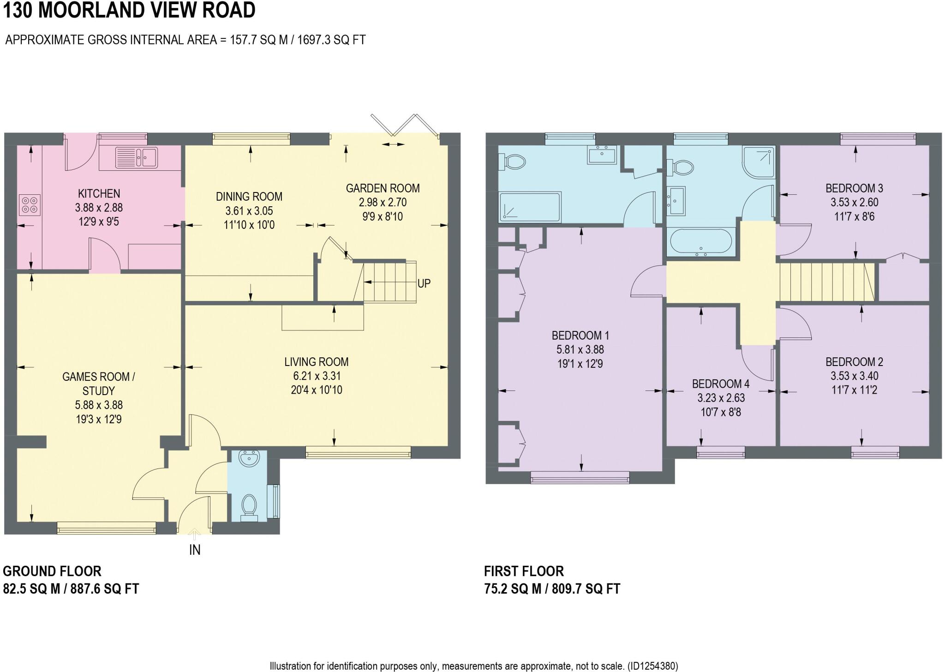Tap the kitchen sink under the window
pyautogui.click(x=137, y=157)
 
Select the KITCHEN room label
pyautogui.click(x=99, y=194)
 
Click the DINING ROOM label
pyautogui.click(x=249, y=197)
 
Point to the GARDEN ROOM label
pyautogui.click(x=383, y=188)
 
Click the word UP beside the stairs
pyautogui.click(x=424, y=283)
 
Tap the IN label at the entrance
pyautogui.click(x=195, y=550)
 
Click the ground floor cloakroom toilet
pyautogui.click(x=250, y=507)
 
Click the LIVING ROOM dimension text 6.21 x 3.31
pyautogui.click(x=316, y=376)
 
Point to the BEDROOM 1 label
pyautogui.click(x=580, y=336)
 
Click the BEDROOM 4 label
pyautogui.click(x=720, y=384)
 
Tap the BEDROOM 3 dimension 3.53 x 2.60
pyautogui.click(x=854, y=202)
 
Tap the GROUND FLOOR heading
pyautogui.click(x=52, y=571)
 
